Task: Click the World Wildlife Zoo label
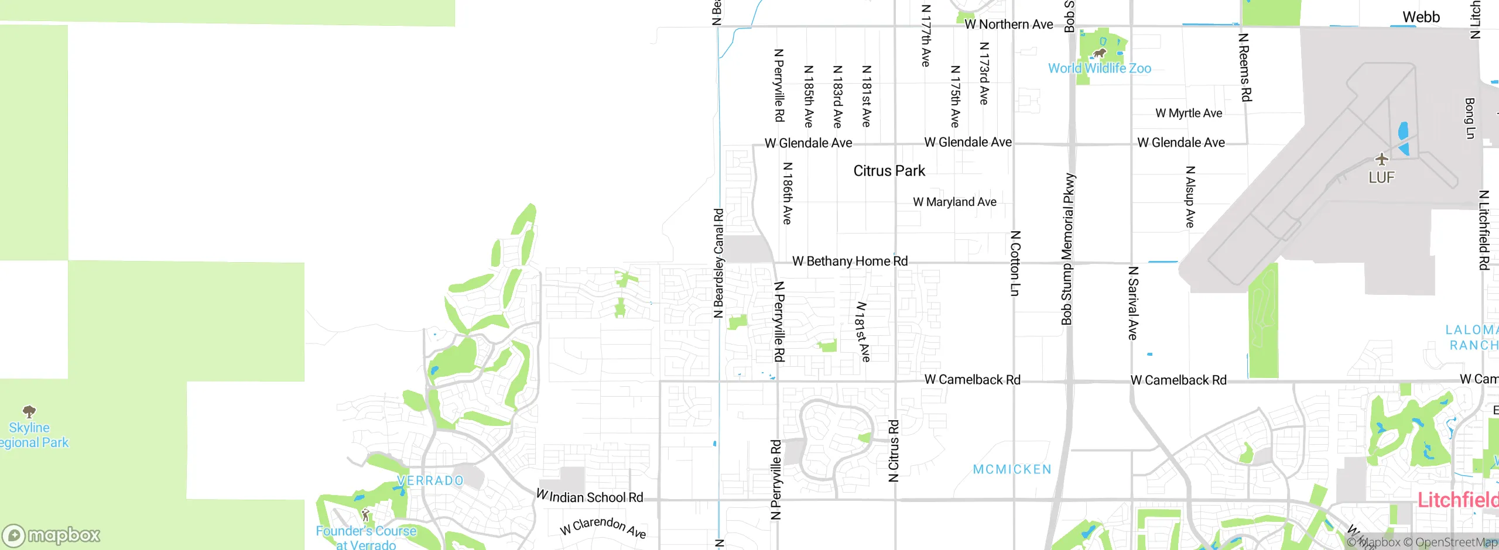[1099, 68]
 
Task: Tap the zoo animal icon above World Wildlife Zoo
[1099, 53]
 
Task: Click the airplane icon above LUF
[1382, 159]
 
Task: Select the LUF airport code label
[1381, 177]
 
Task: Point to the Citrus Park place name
[889, 171]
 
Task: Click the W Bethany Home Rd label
[850, 261]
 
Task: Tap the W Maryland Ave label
[954, 202]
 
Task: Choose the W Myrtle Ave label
[1189, 113]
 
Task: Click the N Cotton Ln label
[1015, 263]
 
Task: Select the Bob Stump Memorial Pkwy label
[1068, 249]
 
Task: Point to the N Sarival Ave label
[1133, 303]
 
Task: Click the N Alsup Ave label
[1190, 197]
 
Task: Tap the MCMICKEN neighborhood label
[1012, 469]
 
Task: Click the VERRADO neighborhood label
[430, 480]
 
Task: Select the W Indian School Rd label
[590, 497]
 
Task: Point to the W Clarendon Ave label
[603, 526]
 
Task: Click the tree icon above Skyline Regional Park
[29, 411]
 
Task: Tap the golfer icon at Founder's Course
[365, 515]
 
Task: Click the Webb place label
[1421, 17]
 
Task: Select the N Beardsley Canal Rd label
[718, 263]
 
